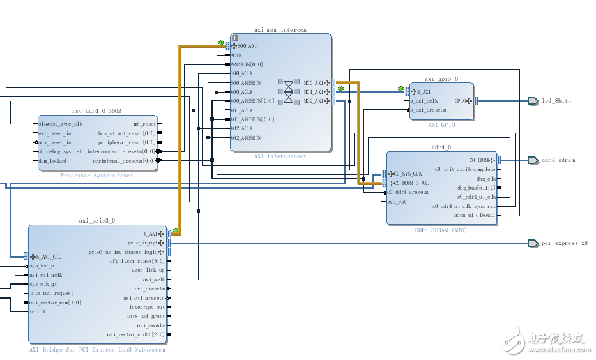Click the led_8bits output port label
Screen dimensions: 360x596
click(x=556, y=101)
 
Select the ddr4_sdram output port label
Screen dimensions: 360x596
click(x=558, y=160)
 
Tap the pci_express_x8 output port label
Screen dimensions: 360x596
click(x=564, y=243)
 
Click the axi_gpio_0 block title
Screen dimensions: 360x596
click(x=441, y=80)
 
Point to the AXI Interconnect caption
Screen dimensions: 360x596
click(x=280, y=156)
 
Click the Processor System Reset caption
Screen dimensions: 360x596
click(x=97, y=176)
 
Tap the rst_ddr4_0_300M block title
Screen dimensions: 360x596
click(x=97, y=111)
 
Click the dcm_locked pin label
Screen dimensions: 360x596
click(x=52, y=161)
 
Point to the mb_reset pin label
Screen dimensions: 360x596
click(x=145, y=124)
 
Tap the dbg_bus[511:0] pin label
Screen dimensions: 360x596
click(x=476, y=188)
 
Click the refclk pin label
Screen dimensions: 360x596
click(x=38, y=311)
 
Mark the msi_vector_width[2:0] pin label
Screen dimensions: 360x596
click(x=135, y=334)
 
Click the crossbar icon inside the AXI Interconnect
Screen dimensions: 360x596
click(x=289, y=91)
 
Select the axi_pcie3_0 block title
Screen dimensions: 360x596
click(x=97, y=221)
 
